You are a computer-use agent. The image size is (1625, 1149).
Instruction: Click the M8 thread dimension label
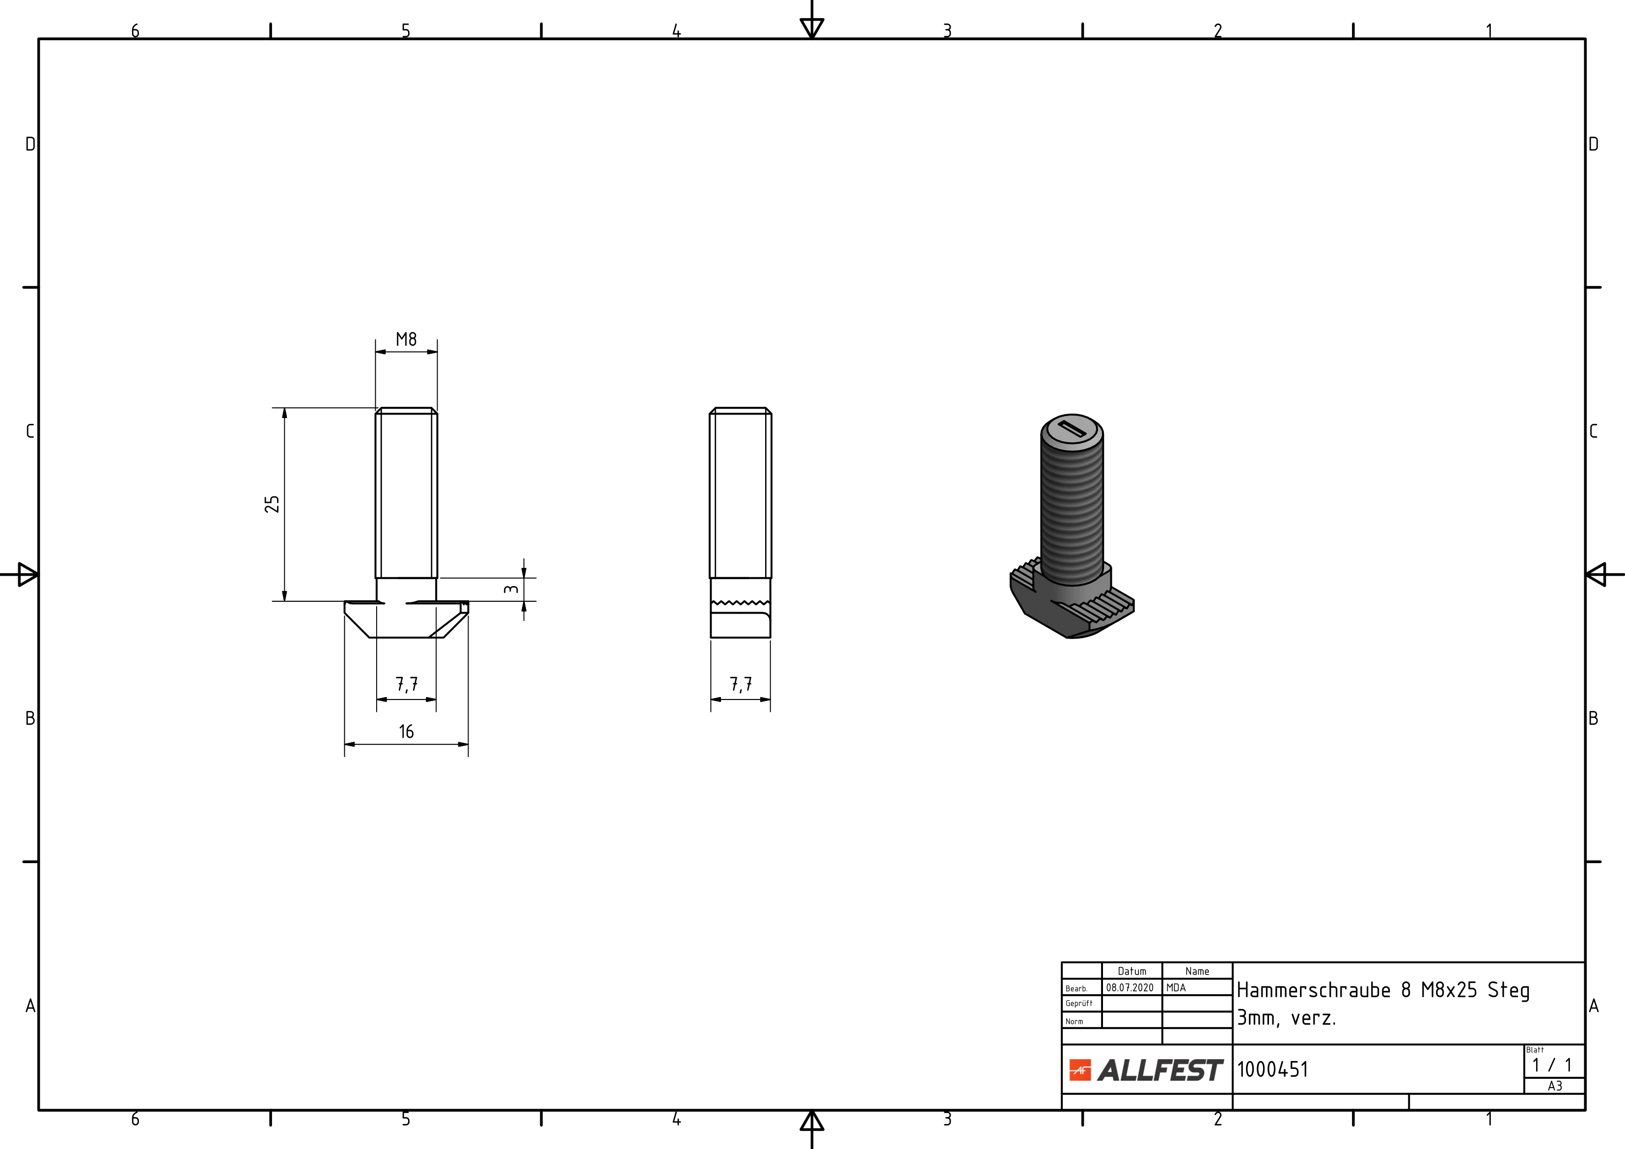[x=406, y=339]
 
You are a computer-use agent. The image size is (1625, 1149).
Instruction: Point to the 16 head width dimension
[x=406, y=731]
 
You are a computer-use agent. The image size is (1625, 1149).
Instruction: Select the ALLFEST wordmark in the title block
[x=1160, y=1070]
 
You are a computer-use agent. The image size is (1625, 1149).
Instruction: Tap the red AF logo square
[x=1080, y=1070]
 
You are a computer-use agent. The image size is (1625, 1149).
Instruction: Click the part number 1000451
[x=1272, y=1069]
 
